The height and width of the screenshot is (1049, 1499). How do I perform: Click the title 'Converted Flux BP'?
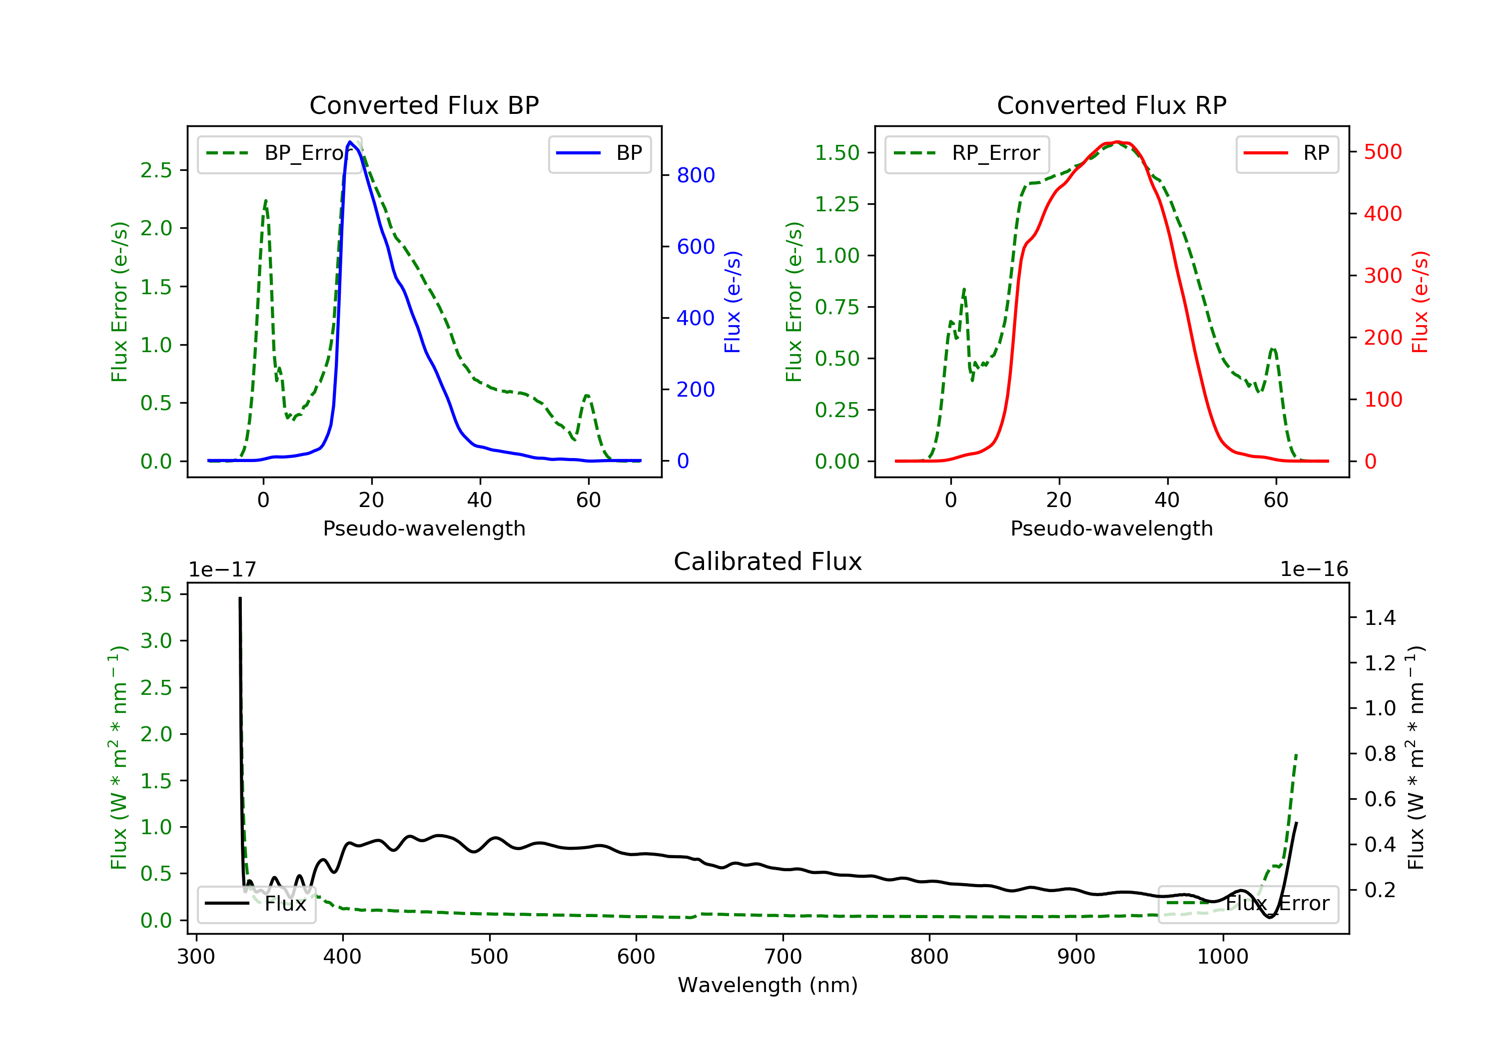[424, 105]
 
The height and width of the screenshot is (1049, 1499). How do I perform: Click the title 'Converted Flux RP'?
[1111, 105]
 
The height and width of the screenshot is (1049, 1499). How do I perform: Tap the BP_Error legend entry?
[279, 153]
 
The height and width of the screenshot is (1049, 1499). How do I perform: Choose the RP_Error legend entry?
[967, 153]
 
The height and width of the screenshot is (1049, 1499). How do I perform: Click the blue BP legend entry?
[599, 153]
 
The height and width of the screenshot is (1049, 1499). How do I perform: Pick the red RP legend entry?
[1287, 153]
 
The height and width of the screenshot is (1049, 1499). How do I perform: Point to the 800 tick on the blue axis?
[696, 175]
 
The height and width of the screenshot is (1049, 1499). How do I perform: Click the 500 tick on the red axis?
[1383, 152]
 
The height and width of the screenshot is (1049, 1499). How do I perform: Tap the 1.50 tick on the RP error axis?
[836, 153]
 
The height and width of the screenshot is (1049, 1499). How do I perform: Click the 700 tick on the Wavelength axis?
[783, 957]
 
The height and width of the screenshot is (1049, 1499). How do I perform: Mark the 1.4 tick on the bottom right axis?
[1380, 617]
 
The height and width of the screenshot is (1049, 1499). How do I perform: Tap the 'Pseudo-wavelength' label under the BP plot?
[424, 528]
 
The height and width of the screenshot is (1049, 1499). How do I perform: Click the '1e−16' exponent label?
[1314, 569]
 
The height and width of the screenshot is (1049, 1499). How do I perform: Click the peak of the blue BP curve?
[351, 142]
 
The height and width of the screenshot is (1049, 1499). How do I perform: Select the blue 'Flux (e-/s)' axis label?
[733, 302]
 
